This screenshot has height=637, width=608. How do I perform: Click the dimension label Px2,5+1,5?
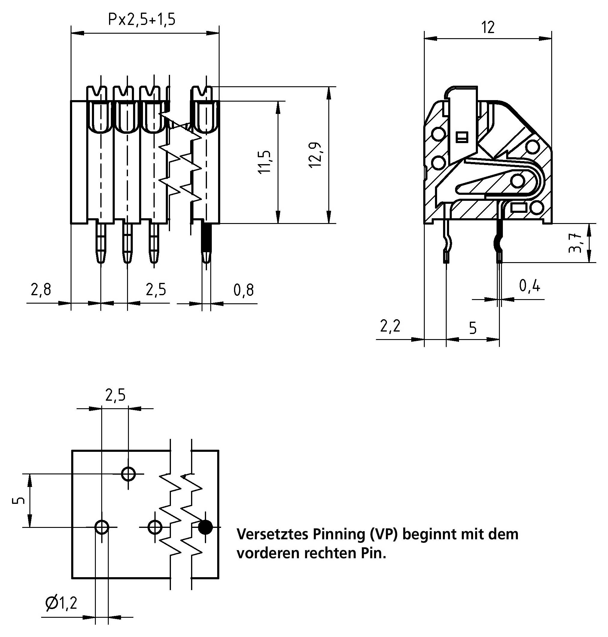(141, 20)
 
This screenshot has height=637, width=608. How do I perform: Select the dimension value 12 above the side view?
(488, 27)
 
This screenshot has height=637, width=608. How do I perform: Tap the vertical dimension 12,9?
(315, 155)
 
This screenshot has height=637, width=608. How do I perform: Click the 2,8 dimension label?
(41, 289)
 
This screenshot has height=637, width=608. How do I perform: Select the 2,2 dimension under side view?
(390, 326)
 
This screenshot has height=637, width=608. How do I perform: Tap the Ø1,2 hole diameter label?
(61, 603)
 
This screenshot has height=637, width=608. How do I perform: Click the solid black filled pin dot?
(205, 527)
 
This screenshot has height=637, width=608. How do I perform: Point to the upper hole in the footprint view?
(128, 474)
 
